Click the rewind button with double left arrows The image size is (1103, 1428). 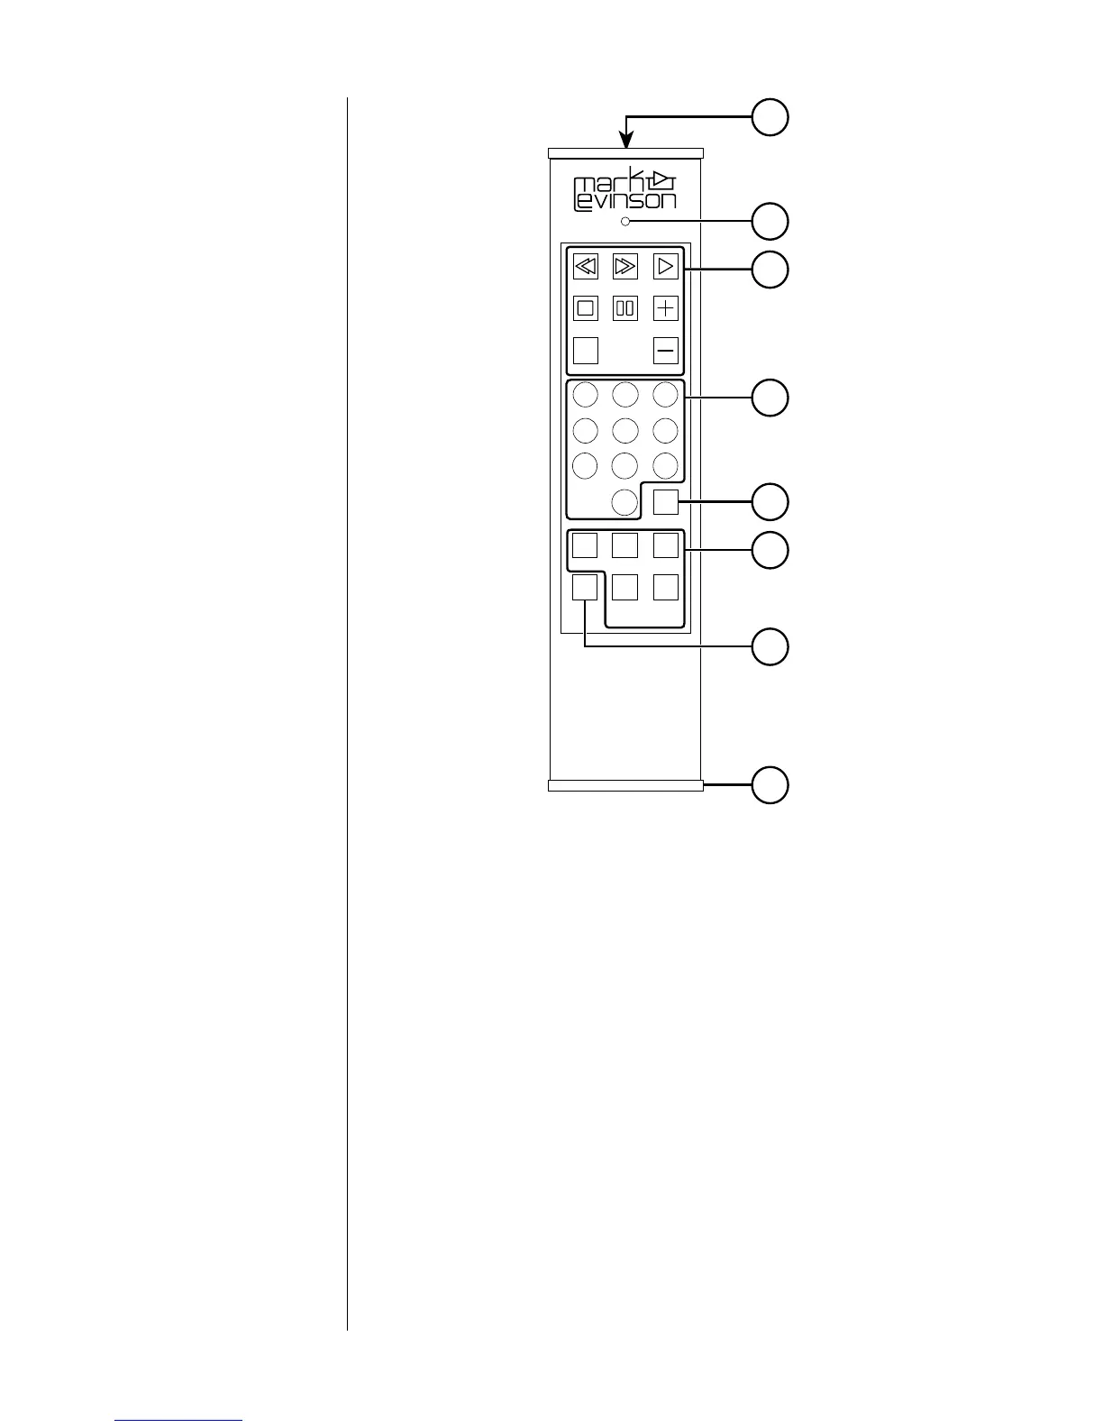pos(586,266)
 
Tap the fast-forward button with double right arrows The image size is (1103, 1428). pos(625,266)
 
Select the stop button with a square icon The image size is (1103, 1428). pos(586,308)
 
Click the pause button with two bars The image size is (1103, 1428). pos(625,308)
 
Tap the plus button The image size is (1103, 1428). pos(666,308)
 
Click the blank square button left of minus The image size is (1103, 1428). pos(586,350)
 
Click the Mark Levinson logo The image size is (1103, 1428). pos(624,190)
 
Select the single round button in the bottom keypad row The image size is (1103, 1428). pos(625,502)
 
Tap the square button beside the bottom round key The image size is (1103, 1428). pos(666,502)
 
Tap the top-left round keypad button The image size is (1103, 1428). pos(586,394)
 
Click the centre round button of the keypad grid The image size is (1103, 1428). pos(625,429)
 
